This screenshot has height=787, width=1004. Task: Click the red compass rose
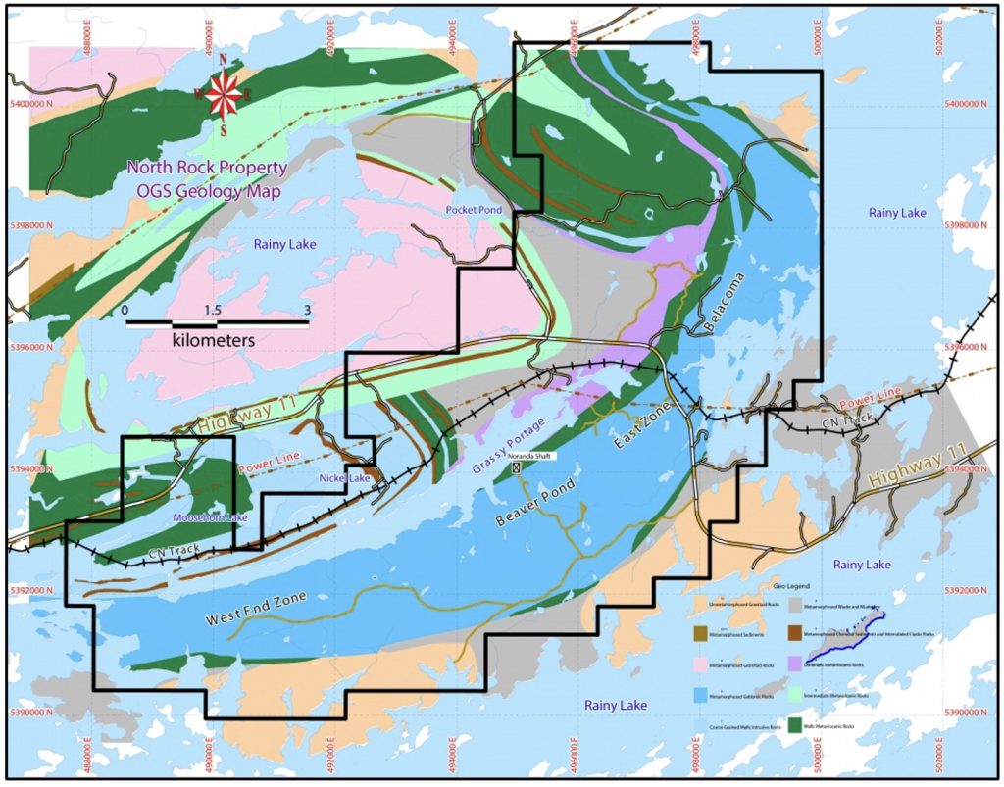pyautogui.click(x=224, y=93)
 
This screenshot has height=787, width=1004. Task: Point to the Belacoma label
pyautogui.click(x=725, y=303)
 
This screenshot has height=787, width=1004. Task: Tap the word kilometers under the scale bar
pyautogui.click(x=214, y=340)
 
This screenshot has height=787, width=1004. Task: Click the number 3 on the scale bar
pyautogui.click(x=308, y=310)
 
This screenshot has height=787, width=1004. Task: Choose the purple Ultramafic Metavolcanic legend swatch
pyautogui.click(x=792, y=665)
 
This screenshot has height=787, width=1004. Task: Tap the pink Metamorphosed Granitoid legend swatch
pyautogui.click(x=703, y=665)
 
